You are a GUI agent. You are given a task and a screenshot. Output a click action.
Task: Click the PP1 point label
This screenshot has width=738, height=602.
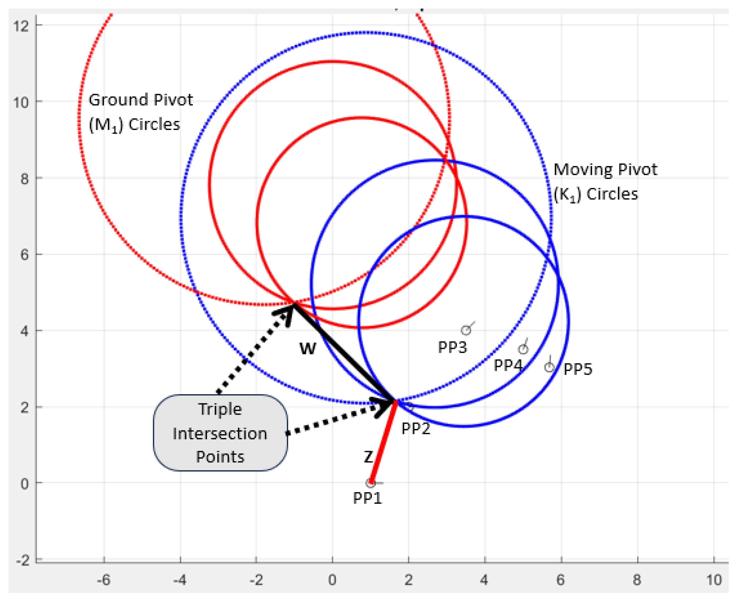367,498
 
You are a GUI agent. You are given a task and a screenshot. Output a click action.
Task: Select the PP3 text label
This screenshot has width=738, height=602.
452,347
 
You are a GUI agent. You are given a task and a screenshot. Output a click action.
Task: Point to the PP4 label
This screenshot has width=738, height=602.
508,365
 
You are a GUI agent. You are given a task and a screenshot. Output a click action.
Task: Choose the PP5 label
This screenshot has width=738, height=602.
578,369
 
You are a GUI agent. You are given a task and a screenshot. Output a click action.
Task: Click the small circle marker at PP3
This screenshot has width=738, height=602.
466,330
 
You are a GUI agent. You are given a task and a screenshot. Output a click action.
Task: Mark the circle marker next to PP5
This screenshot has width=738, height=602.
549,367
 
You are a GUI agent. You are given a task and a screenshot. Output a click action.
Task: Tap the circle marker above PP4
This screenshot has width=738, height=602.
523,349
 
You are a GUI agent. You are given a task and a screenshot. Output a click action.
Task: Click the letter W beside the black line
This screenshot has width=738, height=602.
308,348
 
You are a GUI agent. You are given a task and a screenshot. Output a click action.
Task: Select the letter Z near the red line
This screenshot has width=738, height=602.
368,457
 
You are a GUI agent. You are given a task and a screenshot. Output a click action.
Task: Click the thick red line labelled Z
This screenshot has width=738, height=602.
383,442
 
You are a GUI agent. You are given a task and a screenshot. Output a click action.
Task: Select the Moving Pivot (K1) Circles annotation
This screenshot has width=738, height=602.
605,182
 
